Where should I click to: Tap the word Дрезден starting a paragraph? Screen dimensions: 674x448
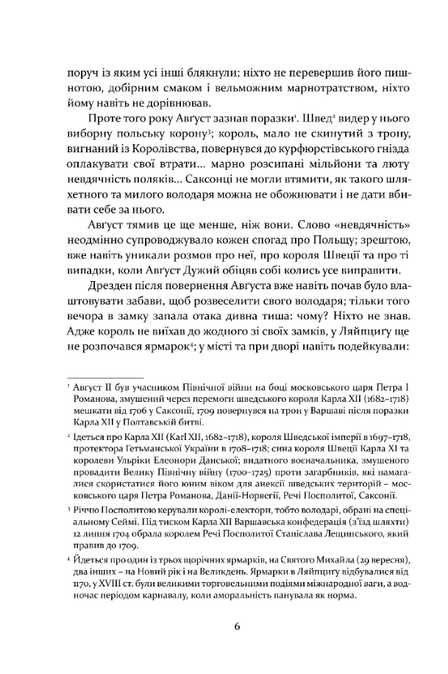pyautogui.click(x=115, y=284)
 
